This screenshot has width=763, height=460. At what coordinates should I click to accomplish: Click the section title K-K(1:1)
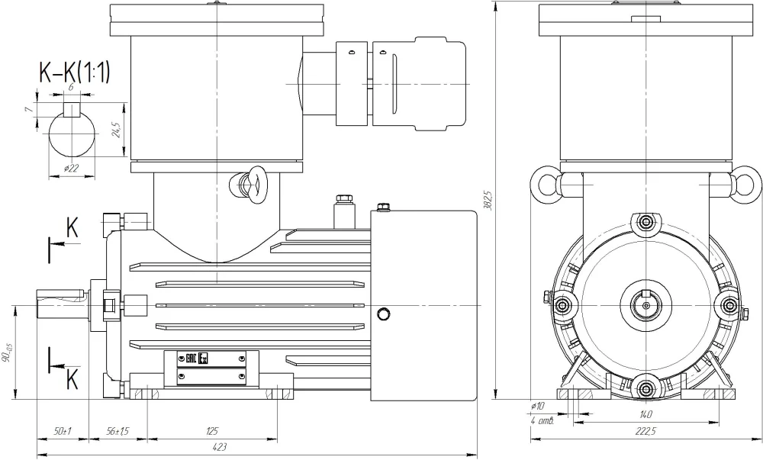(x=75, y=72)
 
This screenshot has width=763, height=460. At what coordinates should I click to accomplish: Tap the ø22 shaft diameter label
(x=73, y=169)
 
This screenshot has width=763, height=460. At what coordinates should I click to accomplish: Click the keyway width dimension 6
(x=71, y=88)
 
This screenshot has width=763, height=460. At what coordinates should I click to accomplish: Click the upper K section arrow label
(x=72, y=227)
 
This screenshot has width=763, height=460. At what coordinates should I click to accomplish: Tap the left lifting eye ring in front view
(x=548, y=185)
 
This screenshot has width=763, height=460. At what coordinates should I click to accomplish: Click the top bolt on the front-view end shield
(x=646, y=223)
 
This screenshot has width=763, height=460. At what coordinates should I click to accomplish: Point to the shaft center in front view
(x=646, y=304)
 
